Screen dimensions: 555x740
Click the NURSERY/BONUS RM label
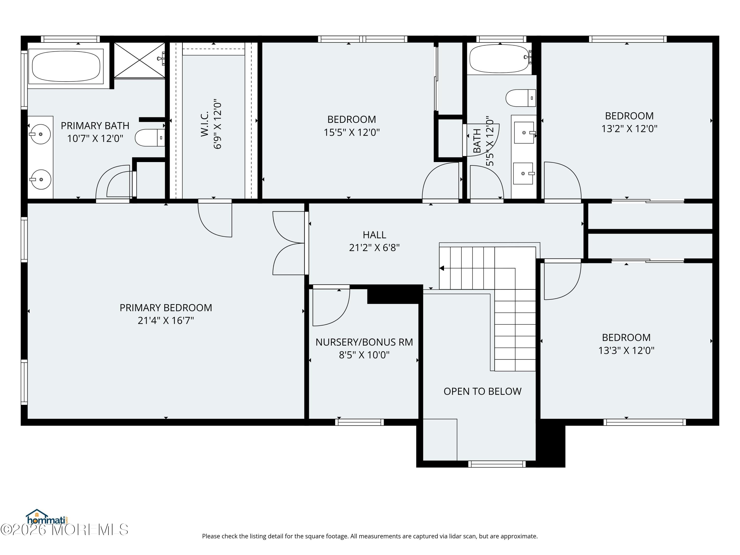(x=364, y=342)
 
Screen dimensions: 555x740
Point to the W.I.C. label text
(x=205, y=124)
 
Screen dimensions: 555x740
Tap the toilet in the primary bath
(x=149, y=137)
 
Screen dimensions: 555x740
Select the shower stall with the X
(x=140, y=60)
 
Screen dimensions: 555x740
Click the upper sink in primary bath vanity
(x=40, y=134)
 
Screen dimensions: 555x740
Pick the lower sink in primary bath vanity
(x=40, y=179)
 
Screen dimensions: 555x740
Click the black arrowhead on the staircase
(x=442, y=268)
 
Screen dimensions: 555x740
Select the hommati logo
(x=47, y=518)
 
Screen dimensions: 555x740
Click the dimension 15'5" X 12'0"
(x=351, y=132)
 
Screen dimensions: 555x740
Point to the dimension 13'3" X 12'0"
(x=626, y=350)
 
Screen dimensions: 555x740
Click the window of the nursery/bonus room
(x=359, y=422)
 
